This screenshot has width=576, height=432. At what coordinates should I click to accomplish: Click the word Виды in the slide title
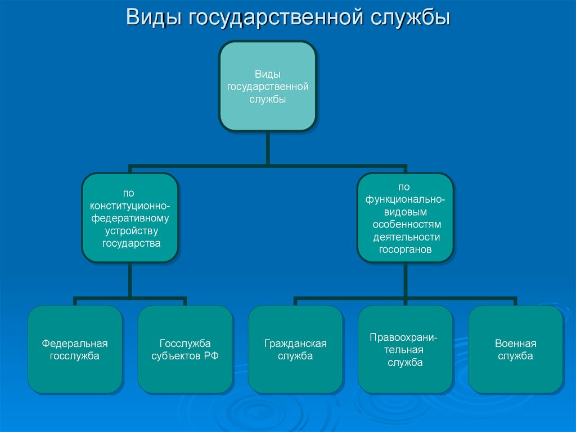tap(154, 17)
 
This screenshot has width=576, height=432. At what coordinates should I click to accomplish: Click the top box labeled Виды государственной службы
tap(267, 86)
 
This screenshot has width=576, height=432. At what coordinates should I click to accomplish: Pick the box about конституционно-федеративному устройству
tap(130, 218)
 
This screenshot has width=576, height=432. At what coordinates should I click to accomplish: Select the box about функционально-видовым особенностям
tap(405, 218)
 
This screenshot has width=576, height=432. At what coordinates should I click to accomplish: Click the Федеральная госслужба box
tap(75, 350)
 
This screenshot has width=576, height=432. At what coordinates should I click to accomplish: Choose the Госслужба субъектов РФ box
tap(185, 350)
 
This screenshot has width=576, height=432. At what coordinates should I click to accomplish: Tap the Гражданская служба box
tap(295, 350)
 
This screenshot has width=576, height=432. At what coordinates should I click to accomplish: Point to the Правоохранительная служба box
tap(405, 350)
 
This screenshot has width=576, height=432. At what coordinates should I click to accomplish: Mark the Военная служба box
tap(515, 350)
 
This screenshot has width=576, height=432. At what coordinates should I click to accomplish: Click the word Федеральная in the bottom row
tap(75, 344)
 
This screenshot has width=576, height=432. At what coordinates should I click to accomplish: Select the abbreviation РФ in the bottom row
tap(212, 356)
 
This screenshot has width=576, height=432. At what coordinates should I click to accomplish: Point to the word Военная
tap(516, 344)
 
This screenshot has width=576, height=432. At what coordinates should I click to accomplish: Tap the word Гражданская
tap(295, 344)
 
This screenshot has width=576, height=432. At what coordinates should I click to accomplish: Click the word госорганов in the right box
tap(405, 250)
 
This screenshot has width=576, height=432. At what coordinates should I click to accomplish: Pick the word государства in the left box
tap(131, 243)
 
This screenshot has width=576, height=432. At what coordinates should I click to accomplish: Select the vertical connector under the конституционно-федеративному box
tap(130, 280)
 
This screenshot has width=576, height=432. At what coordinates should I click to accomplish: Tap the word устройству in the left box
tap(132, 231)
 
